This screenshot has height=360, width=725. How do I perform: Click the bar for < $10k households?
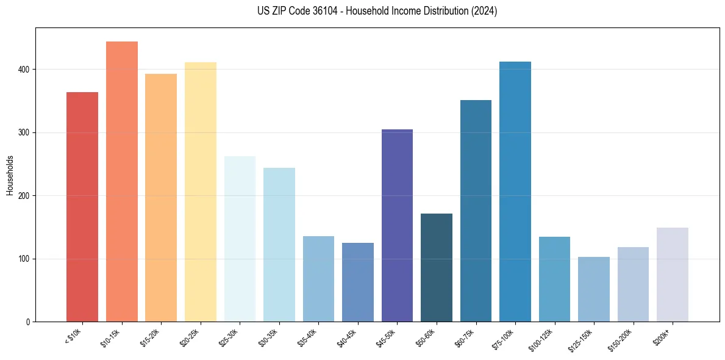[82, 207]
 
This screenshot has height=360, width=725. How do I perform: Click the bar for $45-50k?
[397, 225]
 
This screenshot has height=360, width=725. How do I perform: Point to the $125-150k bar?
[594, 289]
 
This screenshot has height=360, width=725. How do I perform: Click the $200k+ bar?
[673, 275]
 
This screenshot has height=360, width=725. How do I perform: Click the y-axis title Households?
[10, 175]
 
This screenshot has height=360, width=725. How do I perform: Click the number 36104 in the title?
[336, 11]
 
